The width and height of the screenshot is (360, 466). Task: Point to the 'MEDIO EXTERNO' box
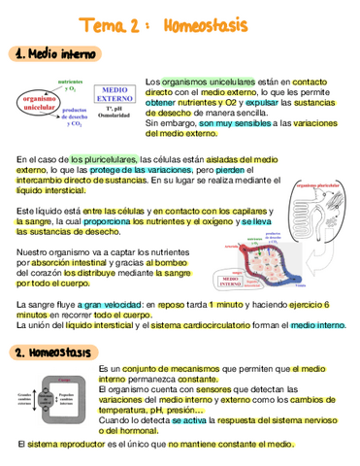(x=115, y=93)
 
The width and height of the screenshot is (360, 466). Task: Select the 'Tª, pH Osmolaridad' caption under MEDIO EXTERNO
(x=115, y=116)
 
